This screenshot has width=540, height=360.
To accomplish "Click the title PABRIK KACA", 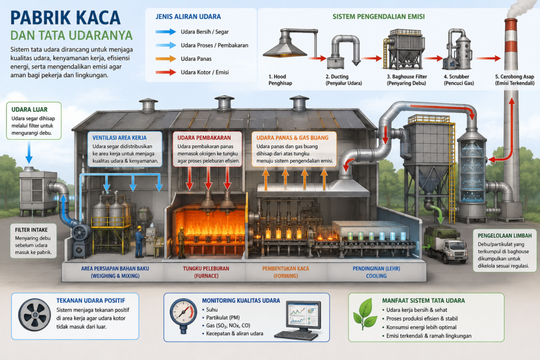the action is point(65,18).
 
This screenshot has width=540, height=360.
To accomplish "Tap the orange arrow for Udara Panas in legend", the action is point(166,59).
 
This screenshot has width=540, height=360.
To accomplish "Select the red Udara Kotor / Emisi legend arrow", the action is point(166,72).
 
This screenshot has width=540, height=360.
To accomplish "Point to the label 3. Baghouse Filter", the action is point(407,77).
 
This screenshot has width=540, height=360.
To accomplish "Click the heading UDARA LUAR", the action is point(30,110).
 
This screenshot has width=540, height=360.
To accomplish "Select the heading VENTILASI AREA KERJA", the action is point(120,138).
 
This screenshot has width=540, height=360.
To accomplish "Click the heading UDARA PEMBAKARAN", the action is point(204,138).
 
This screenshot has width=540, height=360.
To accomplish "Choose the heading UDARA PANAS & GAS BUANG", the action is point(292,138).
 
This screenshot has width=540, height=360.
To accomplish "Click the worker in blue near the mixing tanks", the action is point(139,241).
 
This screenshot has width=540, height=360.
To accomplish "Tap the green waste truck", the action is point(446,245).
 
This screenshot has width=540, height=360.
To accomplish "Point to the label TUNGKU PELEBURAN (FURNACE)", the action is point(206,272).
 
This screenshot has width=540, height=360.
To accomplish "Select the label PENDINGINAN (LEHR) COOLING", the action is point(377,272).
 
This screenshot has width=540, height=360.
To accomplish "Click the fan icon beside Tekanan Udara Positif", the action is point(34,315).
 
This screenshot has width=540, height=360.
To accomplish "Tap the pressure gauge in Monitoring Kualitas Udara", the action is point(184,315).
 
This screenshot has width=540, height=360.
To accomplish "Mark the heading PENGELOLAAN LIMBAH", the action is point(505,236).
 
